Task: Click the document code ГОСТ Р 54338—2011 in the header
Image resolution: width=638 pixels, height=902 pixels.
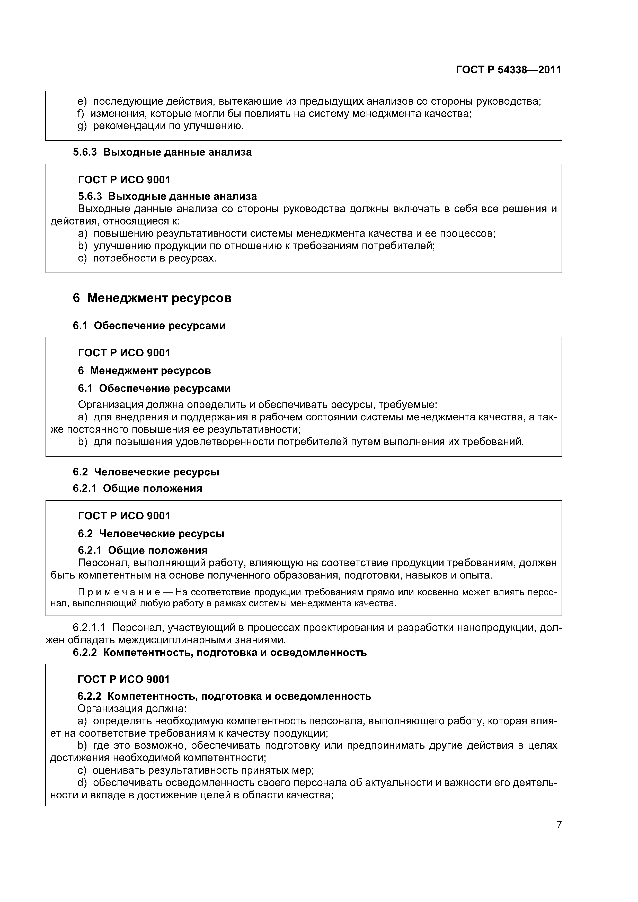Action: point(508,70)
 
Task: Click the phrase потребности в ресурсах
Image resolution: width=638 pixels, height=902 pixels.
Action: point(155,258)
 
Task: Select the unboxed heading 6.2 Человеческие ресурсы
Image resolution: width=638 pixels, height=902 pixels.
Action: point(146,472)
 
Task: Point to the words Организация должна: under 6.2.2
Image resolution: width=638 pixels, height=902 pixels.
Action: point(132,708)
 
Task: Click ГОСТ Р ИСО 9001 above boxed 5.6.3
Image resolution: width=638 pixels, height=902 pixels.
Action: point(124,180)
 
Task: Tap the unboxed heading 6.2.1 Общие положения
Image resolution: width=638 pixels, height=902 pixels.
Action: point(138,488)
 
